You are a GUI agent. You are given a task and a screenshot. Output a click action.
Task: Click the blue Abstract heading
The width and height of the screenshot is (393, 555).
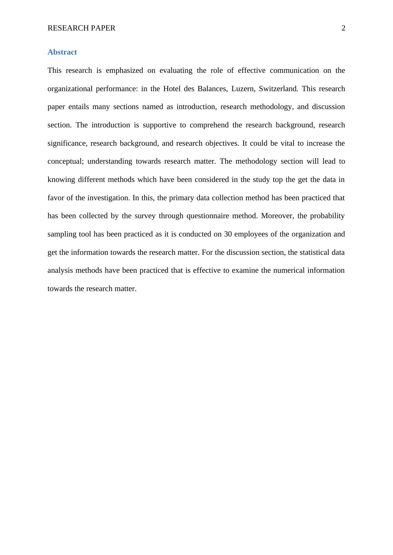point(62,52)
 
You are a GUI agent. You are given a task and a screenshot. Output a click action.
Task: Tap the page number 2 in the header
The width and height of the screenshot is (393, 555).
point(343,28)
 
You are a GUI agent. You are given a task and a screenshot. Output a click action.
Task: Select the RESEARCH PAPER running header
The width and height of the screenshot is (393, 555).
point(81,28)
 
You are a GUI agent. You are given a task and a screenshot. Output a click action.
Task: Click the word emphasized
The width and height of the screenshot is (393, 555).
point(124,70)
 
